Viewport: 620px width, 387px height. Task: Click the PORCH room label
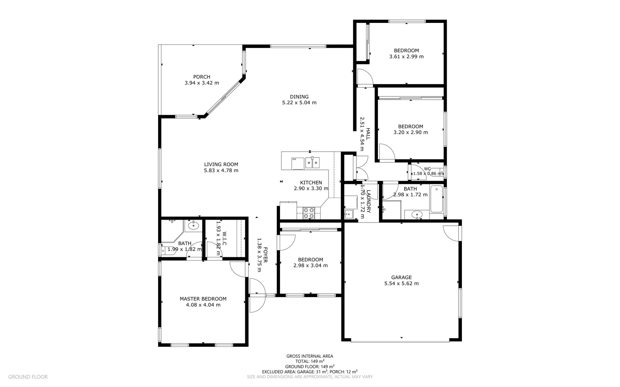click(x=202, y=77)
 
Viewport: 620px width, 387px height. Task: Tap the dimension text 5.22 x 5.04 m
click(x=299, y=102)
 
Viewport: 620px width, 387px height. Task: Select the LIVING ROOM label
click(x=221, y=164)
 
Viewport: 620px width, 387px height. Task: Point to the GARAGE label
click(x=401, y=277)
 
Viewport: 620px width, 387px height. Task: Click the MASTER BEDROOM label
click(x=203, y=299)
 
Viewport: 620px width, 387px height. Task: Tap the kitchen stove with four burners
click(x=309, y=213)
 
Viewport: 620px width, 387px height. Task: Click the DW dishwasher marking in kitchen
click(x=294, y=159)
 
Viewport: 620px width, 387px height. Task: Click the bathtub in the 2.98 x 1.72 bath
click(x=436, y=199)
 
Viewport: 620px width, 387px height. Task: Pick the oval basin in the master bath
click(x=193, y=225)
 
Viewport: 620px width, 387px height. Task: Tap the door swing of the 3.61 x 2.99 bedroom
click(x=365, y=77)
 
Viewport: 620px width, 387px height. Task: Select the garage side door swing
click(x=451, y=232)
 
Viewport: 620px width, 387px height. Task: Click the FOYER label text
click(x=266, y=255)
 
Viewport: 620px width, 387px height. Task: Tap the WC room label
click(x=427, y=169)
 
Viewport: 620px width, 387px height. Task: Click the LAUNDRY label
click(x=368, y=201)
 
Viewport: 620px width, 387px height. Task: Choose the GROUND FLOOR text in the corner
click(x=28, y=377)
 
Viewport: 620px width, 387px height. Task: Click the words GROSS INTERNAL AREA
click(x=309, y=356)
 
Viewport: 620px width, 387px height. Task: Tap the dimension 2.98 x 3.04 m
click(x=310, y=266)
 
